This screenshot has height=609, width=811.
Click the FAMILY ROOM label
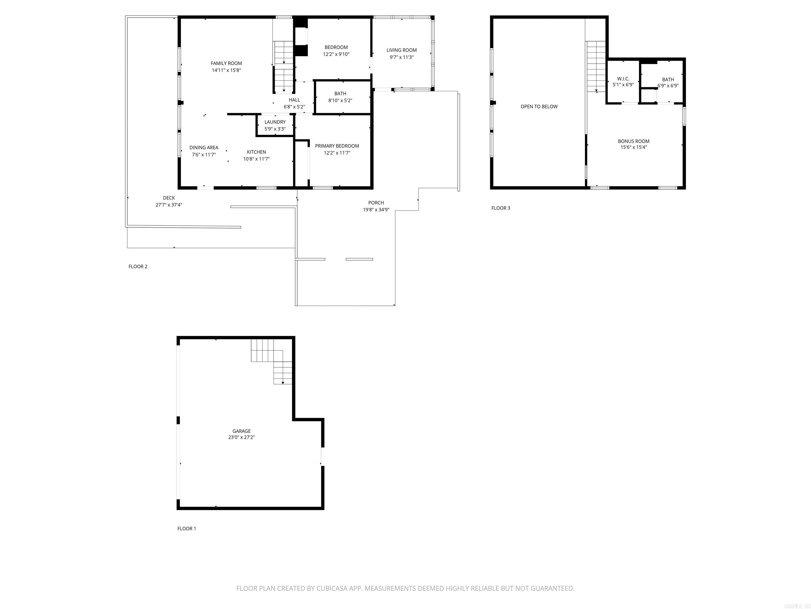click(x=226, y=63)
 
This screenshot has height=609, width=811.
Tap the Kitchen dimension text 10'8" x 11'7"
click(x=256, y=159)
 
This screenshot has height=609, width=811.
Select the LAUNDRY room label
click(x=275, y=122)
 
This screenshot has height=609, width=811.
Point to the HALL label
click(x=294, y=100)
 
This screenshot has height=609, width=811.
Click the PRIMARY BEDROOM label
click(x=337, y=146)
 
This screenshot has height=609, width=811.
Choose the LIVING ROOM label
click(x=402, y=50)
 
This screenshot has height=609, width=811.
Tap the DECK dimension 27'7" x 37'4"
click(x=169, y=205)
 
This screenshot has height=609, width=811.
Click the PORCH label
click(x=376, y=203)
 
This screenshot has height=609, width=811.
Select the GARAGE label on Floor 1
click(x=241, y=431)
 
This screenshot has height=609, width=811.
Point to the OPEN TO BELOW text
click(x=539, y=107)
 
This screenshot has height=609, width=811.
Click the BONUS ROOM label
click(x=634, y=141)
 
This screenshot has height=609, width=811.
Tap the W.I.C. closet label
click(x=623, y=79)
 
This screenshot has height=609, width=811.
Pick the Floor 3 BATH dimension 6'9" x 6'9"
click(x=668, y=86)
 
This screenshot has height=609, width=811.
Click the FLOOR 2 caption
click(x=138, y=266)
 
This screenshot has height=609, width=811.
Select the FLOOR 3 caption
click(x=501, y=208)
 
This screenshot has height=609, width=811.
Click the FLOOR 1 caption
click(x=187, y=529)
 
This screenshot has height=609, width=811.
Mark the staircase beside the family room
click(x=284, y=66)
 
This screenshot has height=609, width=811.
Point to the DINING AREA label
click(x=204, y=147)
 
